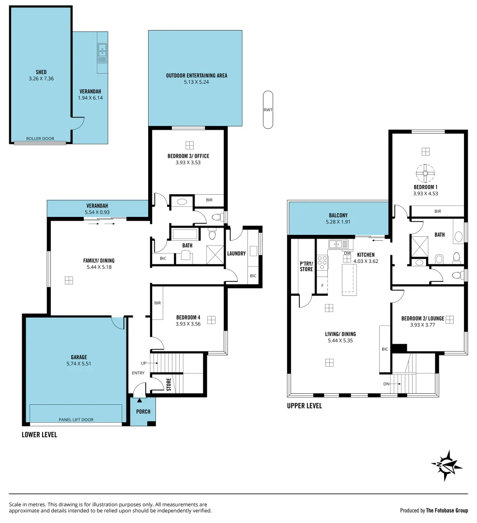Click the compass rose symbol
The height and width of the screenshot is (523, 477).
[446, 465]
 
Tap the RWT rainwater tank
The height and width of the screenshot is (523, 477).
[268, 110]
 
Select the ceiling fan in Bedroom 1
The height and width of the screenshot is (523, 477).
[425, 172]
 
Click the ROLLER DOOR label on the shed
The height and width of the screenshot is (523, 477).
[40, 138]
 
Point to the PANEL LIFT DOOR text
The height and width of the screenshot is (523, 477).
[76, 419]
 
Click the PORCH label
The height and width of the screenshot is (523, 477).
[143, 412]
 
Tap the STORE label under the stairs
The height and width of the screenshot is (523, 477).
[169, 385]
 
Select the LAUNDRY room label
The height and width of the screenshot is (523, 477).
[236, 253]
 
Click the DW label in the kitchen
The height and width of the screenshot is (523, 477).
[347, 253]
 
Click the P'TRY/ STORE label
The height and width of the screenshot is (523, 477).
[306, 266]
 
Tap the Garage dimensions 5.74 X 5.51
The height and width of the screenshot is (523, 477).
[79, 363]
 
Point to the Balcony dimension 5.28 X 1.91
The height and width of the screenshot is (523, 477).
[339, 222]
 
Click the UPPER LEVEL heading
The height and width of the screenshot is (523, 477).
[304, 406]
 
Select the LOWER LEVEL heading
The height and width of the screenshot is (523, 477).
[39, 435]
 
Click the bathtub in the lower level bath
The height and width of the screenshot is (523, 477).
[185, 234]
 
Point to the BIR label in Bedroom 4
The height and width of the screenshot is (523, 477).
[157, 303]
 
